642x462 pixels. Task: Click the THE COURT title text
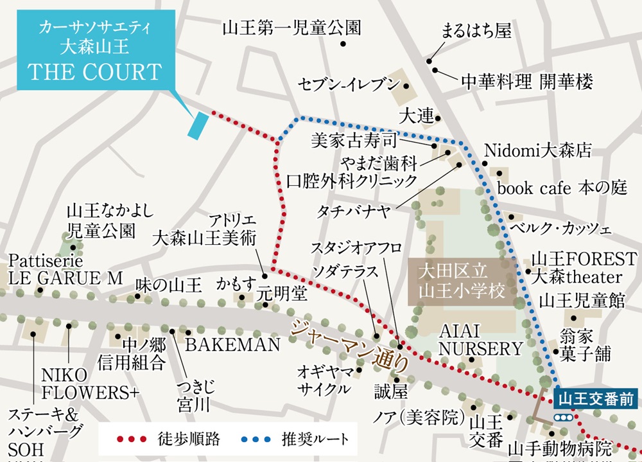tap(94, 72)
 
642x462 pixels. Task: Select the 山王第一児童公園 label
tap(291, 28)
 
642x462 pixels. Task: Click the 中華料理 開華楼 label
tap(526, 82)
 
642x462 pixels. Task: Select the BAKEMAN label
tap(232, 345)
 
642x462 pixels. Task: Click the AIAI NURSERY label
tap(481, 340)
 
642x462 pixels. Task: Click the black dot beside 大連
tap(438, 118)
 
